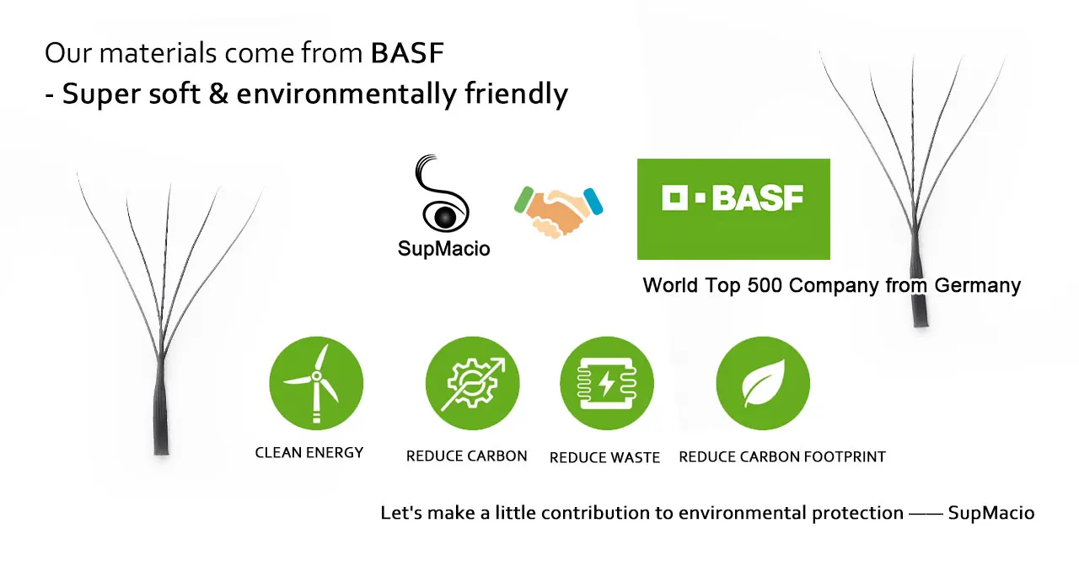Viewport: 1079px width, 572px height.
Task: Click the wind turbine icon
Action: (316, 383)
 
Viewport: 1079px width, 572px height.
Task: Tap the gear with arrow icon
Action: (473, 383)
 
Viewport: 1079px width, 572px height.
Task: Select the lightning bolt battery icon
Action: (607, 383)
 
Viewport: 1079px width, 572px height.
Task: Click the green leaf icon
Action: (763, 383)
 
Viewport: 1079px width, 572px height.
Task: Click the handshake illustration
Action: (558, 212)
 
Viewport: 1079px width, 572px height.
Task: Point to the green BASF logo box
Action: (733, 209)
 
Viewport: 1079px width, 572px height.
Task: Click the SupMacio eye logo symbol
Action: (442, 193)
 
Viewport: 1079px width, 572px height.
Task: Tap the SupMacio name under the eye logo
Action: (443, 249)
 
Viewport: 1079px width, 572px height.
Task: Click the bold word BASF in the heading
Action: (407, 52)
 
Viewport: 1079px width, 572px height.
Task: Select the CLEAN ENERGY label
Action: (309, 453)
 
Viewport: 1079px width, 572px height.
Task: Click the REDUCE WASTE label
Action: (604, 457)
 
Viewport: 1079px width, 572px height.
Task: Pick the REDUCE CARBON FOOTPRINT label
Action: (782, 456)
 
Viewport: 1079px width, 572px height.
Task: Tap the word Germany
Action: (977, 285)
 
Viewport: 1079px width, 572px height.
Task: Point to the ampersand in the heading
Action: (218, 93)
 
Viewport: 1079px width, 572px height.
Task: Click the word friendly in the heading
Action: (517, 94)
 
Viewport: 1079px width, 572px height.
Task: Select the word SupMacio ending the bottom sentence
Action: (991, 513)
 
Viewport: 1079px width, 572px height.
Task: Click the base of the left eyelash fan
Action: (161, 446)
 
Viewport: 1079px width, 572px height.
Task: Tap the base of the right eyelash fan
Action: (921, 318)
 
